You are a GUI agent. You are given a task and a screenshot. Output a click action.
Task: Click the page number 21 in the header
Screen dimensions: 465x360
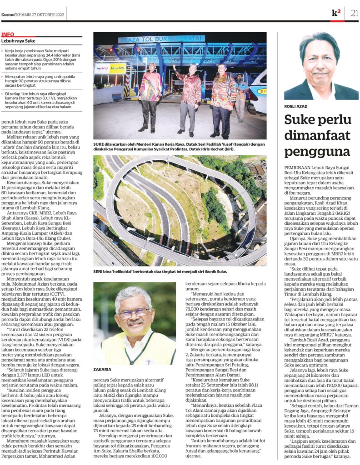pos(354,13)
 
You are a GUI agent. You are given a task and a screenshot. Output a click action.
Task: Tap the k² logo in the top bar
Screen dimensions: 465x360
pos(336,13)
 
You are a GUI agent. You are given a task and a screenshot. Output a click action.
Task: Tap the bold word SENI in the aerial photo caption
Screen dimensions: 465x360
pos(99,272)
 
